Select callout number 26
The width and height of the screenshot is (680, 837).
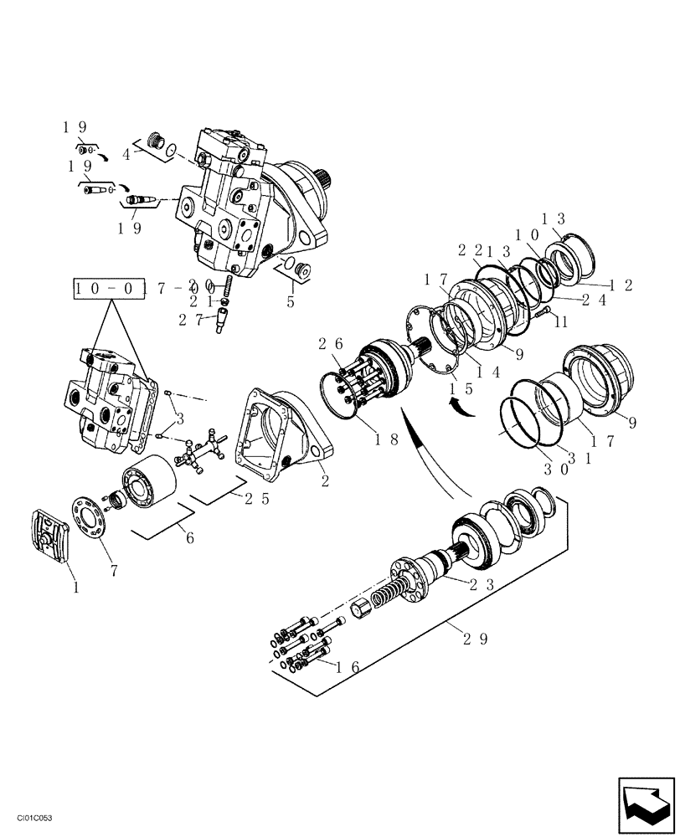(328, 343)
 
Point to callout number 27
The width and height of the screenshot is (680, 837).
(191, 318)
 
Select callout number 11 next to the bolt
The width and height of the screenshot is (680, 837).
(561, 321)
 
